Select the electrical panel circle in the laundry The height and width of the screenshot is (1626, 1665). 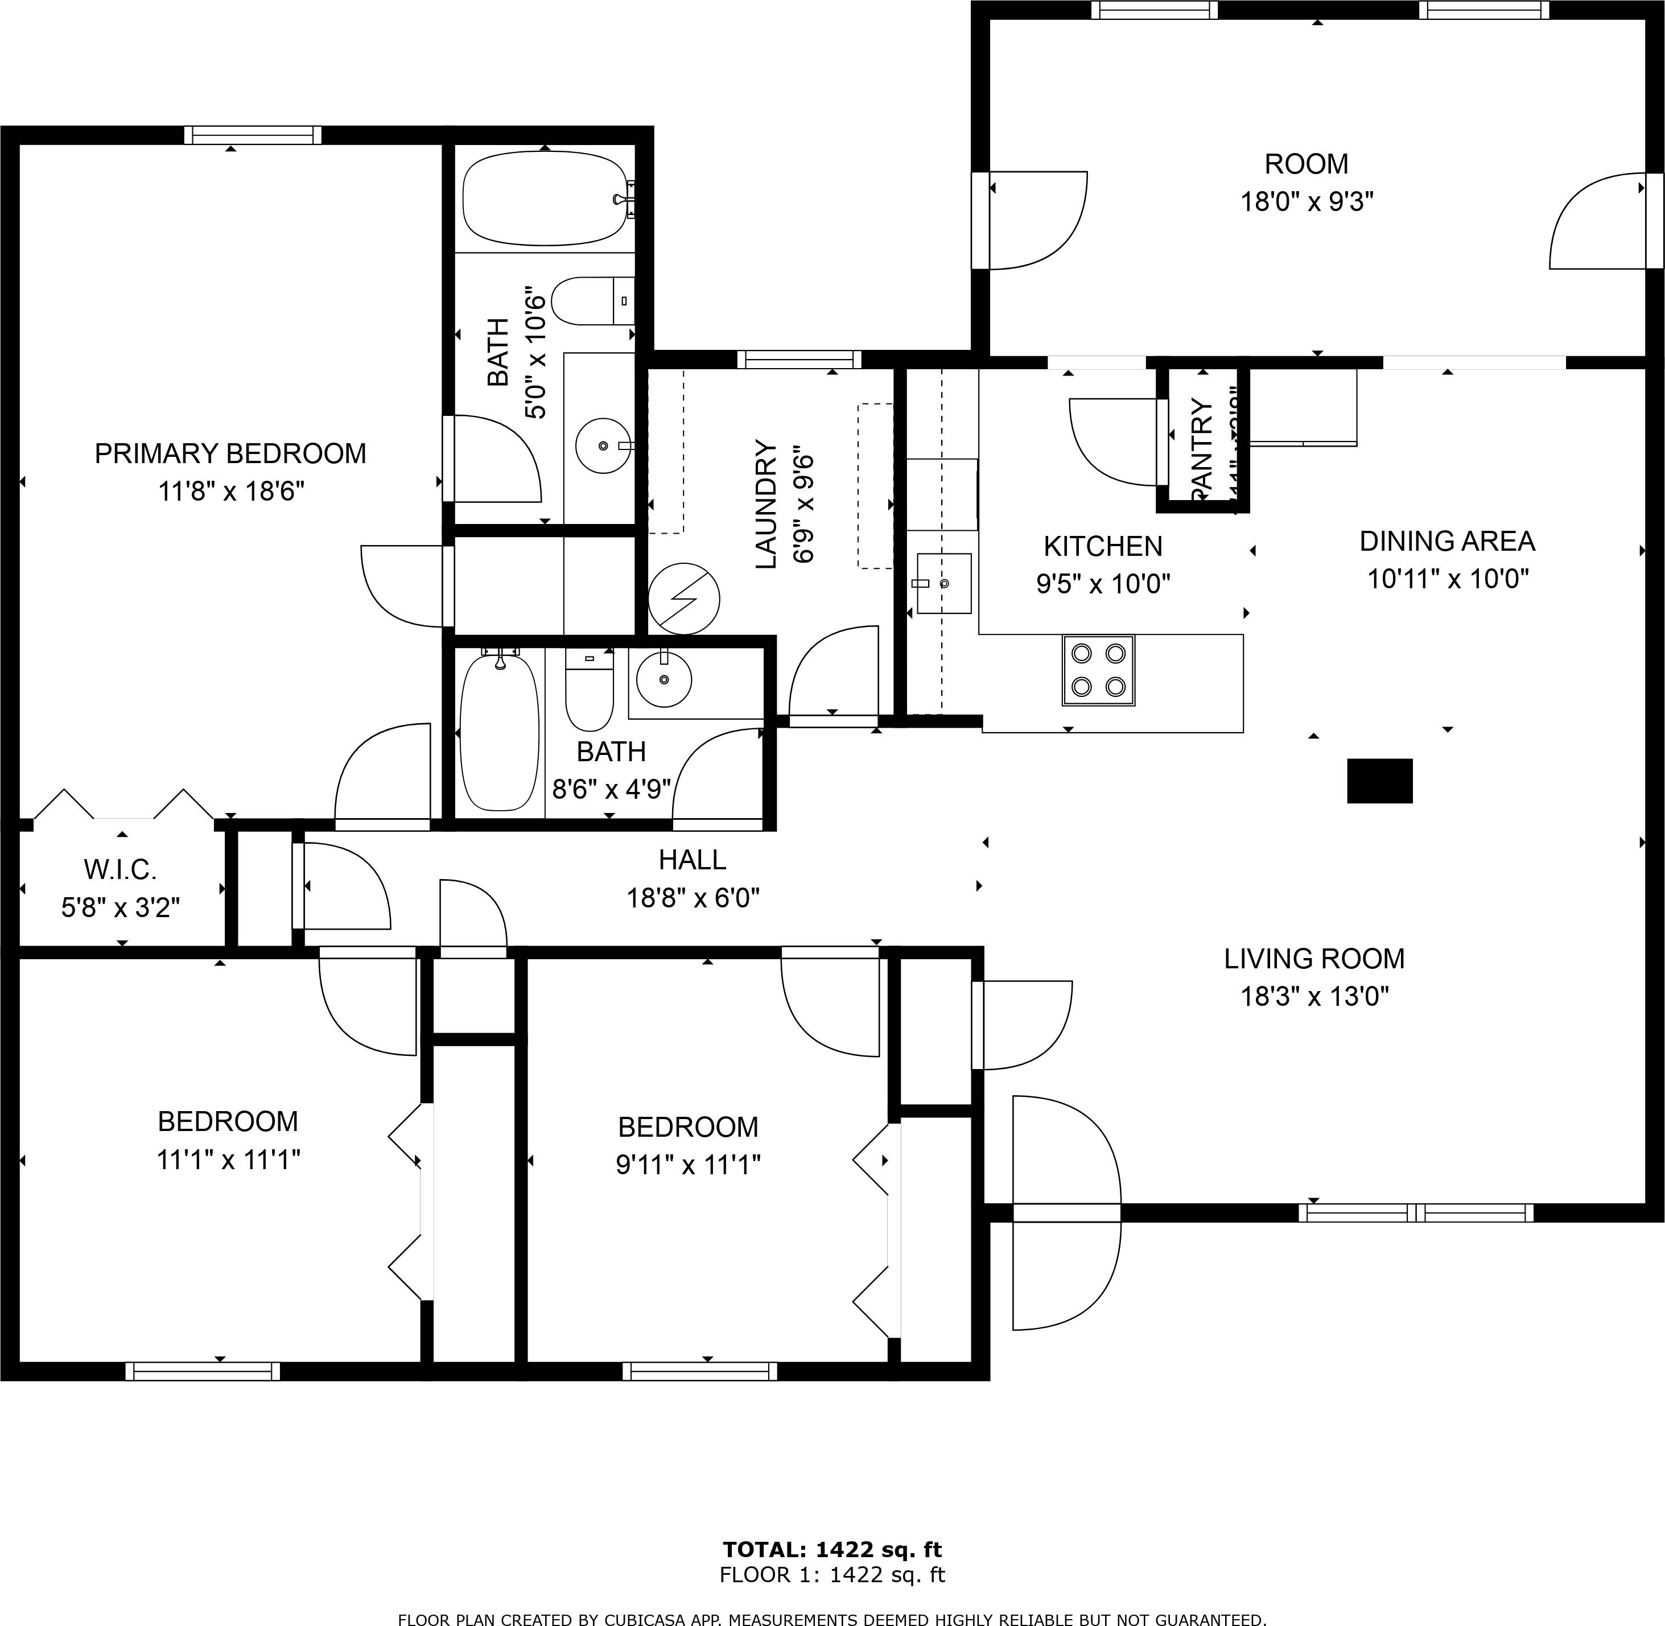683,598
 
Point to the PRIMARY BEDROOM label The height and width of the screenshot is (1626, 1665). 230,453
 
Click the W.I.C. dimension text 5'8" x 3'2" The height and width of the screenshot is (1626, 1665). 121,907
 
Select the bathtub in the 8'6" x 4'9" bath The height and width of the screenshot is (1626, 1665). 499,732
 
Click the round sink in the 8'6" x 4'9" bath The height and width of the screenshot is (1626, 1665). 663,679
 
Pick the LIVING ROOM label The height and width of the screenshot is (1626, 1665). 1314,959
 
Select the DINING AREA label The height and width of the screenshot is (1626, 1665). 1446,542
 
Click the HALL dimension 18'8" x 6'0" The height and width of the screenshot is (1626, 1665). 693,898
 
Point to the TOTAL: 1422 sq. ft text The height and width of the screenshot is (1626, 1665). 832,1549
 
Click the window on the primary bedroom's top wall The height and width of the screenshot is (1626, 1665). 253,135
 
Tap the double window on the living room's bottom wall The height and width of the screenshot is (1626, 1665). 1416,1212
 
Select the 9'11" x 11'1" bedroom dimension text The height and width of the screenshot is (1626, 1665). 688,1165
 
